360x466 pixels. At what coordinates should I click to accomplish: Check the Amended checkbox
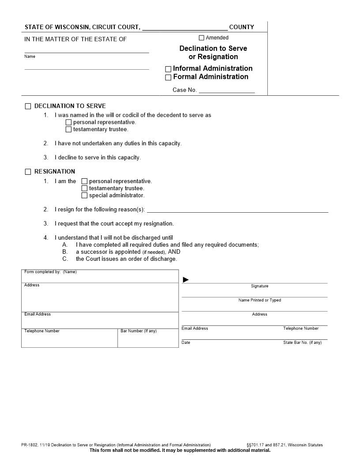click(x=202, y=38)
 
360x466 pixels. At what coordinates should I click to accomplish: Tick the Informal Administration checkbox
click(x=168, y=69)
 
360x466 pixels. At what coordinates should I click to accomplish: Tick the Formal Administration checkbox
click(x=168, y=78)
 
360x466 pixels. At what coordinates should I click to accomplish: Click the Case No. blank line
click(x=227, y=90)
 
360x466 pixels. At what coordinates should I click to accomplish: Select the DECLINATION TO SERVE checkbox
click(x=28, y=106)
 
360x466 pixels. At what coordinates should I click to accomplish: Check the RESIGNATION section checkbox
click(x=28, y=172)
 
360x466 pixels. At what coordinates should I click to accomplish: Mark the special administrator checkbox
click(x=85, y=195)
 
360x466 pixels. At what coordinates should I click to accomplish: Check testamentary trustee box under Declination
click(x=68, y=130)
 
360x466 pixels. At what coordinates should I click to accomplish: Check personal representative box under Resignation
click(x=85, y=181)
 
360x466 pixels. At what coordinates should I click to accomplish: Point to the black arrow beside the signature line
click(x=186, y=280)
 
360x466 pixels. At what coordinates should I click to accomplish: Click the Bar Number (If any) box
click(x=148, y=339)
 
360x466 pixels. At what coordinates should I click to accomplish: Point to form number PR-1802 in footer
click(x=29, y=445)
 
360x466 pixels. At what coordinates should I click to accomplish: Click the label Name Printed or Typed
click(x=259, y=300)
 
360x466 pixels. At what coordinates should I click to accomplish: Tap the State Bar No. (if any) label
click(x=302, y=342)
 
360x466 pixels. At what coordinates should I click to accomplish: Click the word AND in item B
click(x=174, y=252)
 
